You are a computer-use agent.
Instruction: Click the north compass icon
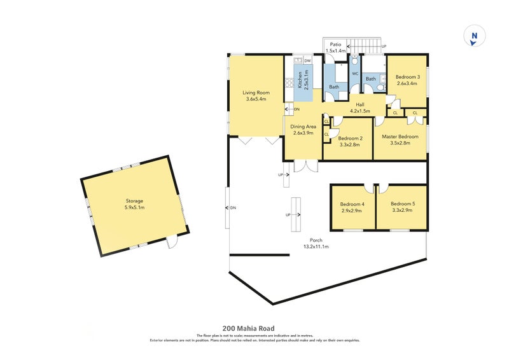(x=473, y=37)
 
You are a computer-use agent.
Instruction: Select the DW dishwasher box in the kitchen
(x=307, y=60)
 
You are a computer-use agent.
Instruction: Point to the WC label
(x=355, y=74)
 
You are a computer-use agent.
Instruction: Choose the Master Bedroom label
(x=400, y=136)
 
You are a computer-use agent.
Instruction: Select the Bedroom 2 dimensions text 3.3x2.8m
(x=349, y=144)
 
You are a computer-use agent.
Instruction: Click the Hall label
(x=359, y=104)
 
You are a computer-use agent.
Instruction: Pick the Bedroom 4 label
(x=352, y=204)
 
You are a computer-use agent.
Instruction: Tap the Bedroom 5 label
(x=403, y=204)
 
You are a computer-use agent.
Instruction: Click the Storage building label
(x=134, y=200)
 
